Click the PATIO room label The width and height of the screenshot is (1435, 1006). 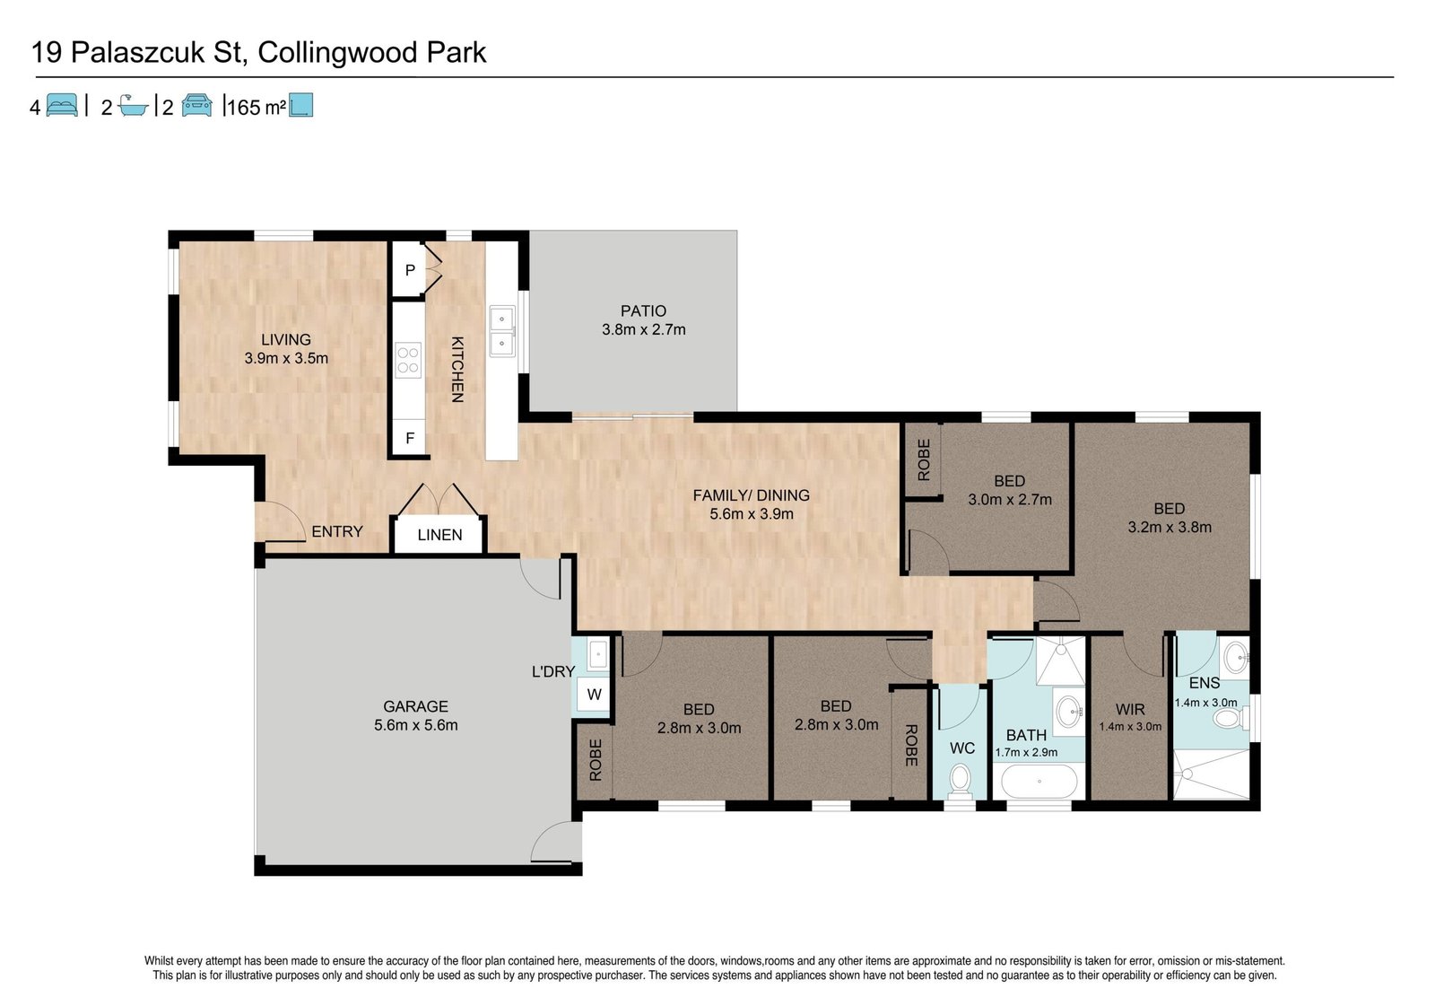[643, 311]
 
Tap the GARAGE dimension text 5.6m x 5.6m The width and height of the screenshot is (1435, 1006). [416, 725]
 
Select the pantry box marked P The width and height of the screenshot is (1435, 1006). [408, 270]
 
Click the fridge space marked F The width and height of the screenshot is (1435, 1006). [409, 438]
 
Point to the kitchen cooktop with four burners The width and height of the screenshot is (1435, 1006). [408, 360]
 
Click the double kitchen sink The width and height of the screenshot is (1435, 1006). [501, 331]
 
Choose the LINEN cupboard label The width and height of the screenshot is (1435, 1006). [439, 535]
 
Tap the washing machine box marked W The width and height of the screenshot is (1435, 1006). [594, 694]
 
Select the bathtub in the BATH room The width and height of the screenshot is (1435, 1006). [1039, 781]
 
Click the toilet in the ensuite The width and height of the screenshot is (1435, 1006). [1230, 717]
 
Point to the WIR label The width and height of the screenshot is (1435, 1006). [1129, 709]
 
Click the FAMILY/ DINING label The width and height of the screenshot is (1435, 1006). [751, 495]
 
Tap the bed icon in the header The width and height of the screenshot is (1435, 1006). [62, 105]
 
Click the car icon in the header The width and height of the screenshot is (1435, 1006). [196, 105]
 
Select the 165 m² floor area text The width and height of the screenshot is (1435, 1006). [257, 107]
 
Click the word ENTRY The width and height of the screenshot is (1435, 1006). [337, 531]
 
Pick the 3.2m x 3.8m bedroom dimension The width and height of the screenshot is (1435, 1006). [1170, 527]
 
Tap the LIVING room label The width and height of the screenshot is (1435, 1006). [286, 339]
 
